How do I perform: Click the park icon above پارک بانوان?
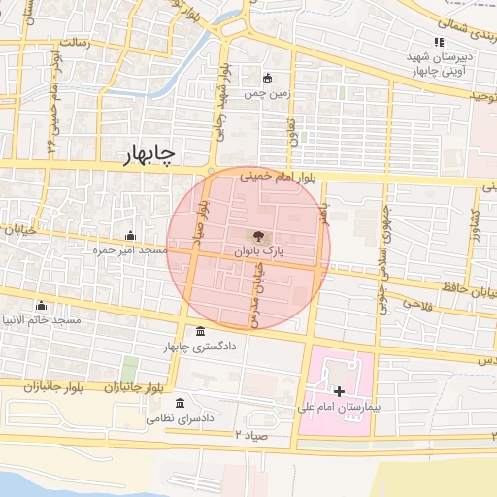(258, 235)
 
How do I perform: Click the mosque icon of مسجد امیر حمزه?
(130, 235)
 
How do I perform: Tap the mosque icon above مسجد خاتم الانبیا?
(40, 306)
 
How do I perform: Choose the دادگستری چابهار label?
(201, 347)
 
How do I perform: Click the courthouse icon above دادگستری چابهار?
(200, 331)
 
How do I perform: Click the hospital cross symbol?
(338, 390)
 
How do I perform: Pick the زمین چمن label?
(268, 94)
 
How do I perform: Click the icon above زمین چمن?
(268, 79)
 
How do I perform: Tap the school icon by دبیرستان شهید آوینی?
(439, 42)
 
